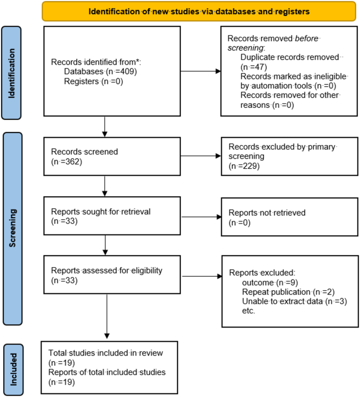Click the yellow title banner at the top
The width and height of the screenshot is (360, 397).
[x=199, y=10]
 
